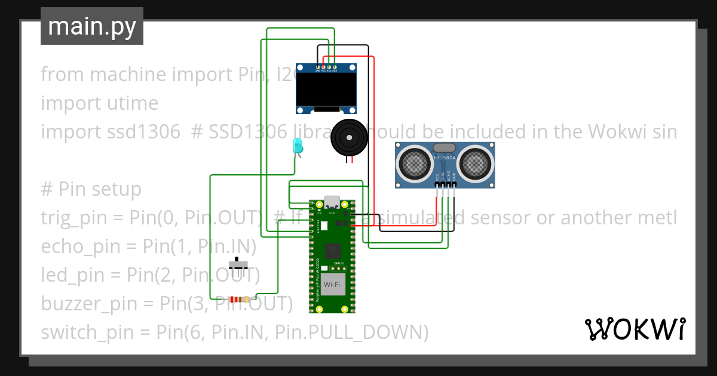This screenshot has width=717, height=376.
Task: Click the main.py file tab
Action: pos(91,26)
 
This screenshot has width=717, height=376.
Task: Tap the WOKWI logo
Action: pos(635,329)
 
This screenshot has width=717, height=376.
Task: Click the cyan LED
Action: pos(297,146)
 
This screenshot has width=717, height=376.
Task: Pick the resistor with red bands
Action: pos(239,300)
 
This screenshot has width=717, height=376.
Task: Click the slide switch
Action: pos(240,263)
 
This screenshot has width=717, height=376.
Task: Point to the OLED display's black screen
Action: pos(326,89)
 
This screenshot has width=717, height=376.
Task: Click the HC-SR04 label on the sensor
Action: pos(445,158)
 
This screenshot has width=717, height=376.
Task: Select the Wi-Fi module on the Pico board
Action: pos(332,285)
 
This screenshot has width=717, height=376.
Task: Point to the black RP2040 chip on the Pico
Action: pos(332,251)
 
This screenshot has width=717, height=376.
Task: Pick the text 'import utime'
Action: pos(99,103)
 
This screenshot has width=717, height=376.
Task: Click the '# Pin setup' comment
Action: pos(91,189)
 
